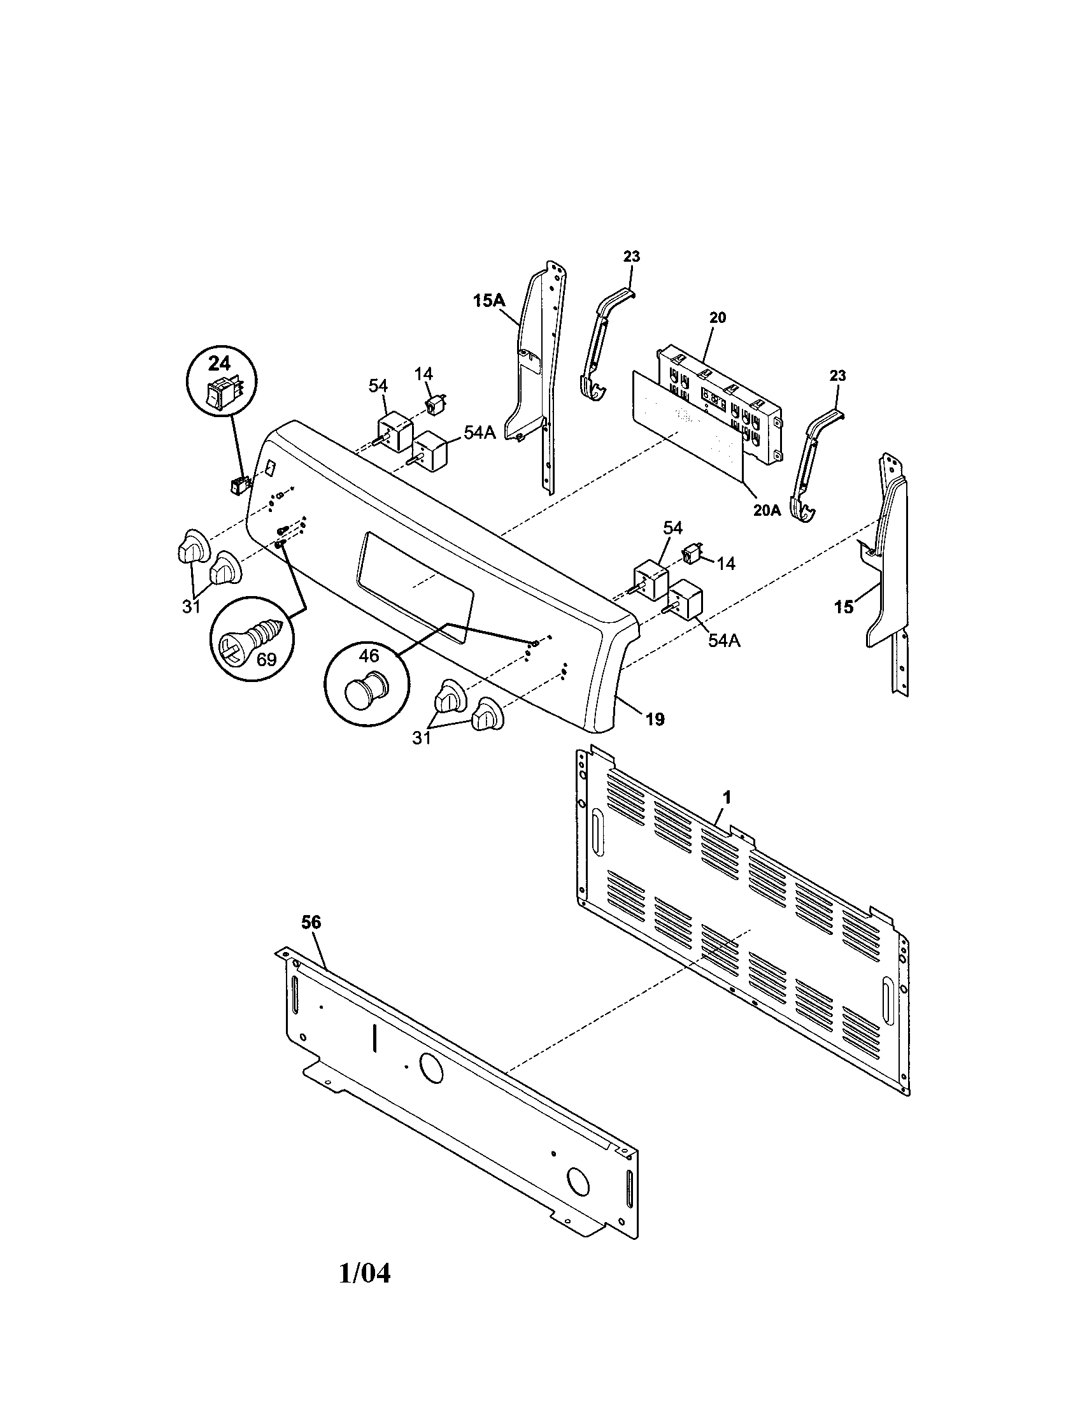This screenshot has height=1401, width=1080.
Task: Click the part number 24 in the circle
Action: tap(218, 364)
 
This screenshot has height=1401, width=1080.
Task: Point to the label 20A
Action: tap(767, 510)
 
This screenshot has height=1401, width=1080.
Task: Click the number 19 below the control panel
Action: tap(655, 719)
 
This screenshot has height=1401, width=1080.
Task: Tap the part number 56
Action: tap(311, 922)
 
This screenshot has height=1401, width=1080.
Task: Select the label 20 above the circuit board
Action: tap(718, 318)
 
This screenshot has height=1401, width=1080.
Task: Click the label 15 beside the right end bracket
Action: tap(844, 607)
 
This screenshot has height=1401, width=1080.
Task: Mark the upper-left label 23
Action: tap(631, 257)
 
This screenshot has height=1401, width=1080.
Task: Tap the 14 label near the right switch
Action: tap(726, 563)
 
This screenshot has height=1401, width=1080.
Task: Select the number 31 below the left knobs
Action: tap(191, 606)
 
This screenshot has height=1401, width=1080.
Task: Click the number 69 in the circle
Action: tap(266, 659)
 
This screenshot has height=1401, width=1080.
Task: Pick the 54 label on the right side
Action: tap(672, 528)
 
